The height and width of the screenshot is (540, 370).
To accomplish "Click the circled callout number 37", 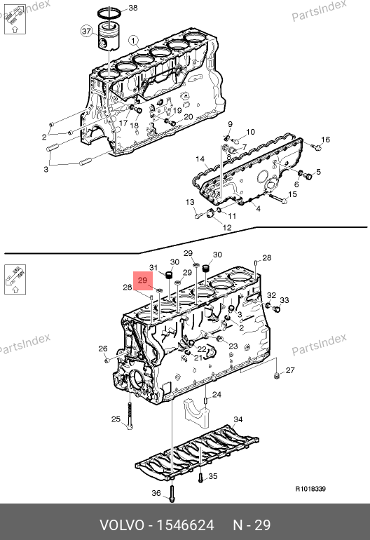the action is coord(86,32).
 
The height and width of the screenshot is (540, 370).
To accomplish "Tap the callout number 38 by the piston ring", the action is coord(132,8).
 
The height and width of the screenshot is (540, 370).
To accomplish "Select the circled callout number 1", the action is coord(134,40).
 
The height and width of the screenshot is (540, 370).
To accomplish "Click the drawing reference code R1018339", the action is coord(311,489).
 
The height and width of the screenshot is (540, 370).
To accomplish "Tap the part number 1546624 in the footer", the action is coord(186,525).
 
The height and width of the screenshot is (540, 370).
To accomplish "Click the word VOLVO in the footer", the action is coord(122,525).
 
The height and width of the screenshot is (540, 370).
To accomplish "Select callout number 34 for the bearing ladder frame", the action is coord(238,419).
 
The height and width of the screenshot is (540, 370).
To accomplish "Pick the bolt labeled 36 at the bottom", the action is coord(172,493).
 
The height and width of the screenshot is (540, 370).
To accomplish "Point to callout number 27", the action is coord(290,370).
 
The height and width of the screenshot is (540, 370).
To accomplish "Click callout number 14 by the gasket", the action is coord(200,158).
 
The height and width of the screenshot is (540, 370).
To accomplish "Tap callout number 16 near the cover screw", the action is coord(325,139).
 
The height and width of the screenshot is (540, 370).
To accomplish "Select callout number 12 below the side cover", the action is coord(227,227).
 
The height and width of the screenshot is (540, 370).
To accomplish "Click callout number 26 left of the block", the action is coord(103,349).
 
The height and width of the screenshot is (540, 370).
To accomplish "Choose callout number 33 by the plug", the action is coord(285,300).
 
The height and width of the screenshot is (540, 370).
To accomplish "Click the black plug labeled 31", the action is coord(169,275).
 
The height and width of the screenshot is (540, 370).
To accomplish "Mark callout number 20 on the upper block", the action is coord(189,116).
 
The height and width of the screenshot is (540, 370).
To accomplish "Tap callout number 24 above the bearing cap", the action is coord(217,394).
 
